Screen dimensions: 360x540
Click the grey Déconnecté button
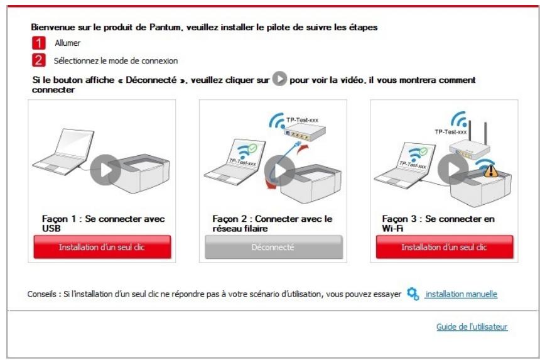point(274,247)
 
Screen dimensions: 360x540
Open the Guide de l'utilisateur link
point(472,327)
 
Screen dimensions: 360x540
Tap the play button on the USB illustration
point(105,168)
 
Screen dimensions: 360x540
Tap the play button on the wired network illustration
point(276,168)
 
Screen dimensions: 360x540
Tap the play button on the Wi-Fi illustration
point(452,168)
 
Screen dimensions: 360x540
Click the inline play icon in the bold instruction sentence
point(280,80)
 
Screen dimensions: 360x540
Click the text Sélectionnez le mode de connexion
point(116,61)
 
